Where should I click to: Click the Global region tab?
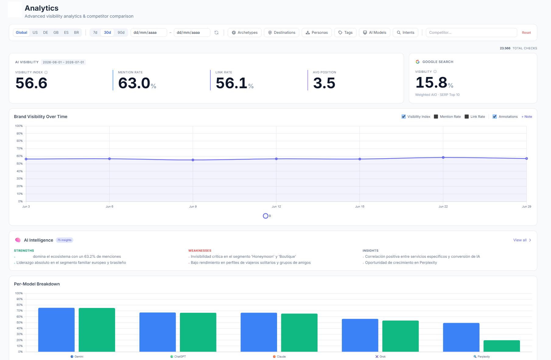[x=21, y=33]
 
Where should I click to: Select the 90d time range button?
[x=121, y=33]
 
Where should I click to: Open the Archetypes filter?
[x=244, y=33]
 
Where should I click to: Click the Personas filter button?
[x=317, y=33]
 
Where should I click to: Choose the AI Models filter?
[x=374, y=33]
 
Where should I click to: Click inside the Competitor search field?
[x=471, y=33]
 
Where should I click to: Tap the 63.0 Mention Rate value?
[x=134, y=83]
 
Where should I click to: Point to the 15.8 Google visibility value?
[x=431, y=82]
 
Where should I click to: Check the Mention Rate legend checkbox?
[x=436, y=117]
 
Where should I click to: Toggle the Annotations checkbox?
[x=495, y=117]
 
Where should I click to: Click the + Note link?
[x=527, y=117]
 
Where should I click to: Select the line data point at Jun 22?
[x=443, y=158]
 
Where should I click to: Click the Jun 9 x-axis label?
[x=193, y=207]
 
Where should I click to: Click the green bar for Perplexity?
[x=502, y=346]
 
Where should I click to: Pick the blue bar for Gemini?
[x=56, y=330]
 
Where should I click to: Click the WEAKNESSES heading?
[x=200, y=251]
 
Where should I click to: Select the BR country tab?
[x=76, y=33]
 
